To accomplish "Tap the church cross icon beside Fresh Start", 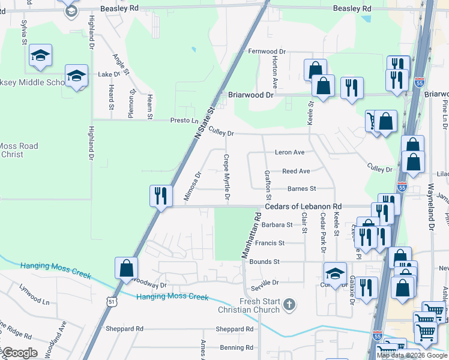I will pos(289,305).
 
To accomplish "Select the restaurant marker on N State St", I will pos(160,196).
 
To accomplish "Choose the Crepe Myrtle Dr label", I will pos(227,177).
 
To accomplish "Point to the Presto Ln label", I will pos(184,120).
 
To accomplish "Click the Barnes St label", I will pos(302,188).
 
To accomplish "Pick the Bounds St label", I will pos(265,262).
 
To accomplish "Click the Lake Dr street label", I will pos(109,74).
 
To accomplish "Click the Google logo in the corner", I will pos(20,353).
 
